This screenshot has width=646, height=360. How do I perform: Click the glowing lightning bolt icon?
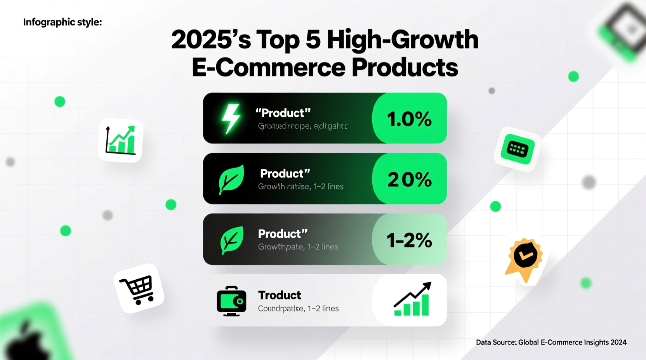(x=231, y=118)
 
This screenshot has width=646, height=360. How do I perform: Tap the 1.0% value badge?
(x=409, y=119)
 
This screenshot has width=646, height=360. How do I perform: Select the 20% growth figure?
(x=409, y=179)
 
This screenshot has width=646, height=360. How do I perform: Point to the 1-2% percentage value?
(x=409, y=240)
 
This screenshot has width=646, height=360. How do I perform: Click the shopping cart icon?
(x=138, y=289)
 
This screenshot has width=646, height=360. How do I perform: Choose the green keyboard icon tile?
(x=517, y=149)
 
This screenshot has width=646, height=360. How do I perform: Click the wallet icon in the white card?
(x=231, y=301)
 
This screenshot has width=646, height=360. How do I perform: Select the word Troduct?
(x=280, y=295)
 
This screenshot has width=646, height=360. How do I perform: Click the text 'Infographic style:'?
(x=63, y=22)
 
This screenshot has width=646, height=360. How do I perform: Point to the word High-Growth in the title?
(x=403, y=40)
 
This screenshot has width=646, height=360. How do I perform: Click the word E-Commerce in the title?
(x=269, y=67)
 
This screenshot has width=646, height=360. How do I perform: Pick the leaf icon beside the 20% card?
(x=231, y=179)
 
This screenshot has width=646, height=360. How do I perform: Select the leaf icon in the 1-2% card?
(x=232, y=240)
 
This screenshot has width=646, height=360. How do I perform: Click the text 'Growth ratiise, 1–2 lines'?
(x=300, y=187)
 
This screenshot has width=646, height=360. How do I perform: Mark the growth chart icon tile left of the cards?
(x=120, y=140)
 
